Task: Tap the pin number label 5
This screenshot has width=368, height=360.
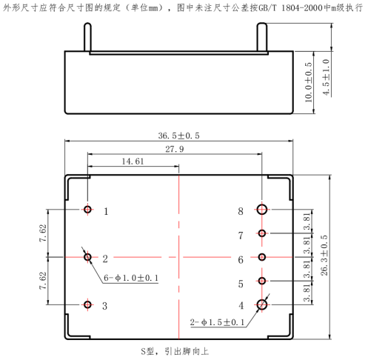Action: (x=241, y=284)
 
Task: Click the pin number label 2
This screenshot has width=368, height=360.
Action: (x=105, y=259)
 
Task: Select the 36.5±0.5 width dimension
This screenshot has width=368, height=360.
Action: (x=178, y=136)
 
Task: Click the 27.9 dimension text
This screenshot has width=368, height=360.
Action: (x=175, y=149)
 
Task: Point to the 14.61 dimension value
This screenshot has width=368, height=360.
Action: (x=133, y=161)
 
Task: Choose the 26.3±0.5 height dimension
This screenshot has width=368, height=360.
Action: (x=324, y=256)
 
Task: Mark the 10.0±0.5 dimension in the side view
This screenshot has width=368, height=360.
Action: (x=308, y=82)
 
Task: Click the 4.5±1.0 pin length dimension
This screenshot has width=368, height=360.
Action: (x=326, y=77)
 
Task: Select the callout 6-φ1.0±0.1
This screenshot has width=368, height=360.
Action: (x=131, y=278)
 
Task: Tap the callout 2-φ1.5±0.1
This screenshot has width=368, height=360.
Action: (x=217, y=322)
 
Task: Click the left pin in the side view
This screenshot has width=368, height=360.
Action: (x=87, y=37)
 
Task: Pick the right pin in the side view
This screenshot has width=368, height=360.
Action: (x=262, y=37)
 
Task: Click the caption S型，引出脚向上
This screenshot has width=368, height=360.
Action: (x=175, y=351)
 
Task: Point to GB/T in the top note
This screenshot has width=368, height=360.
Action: (x=267, y=8)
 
